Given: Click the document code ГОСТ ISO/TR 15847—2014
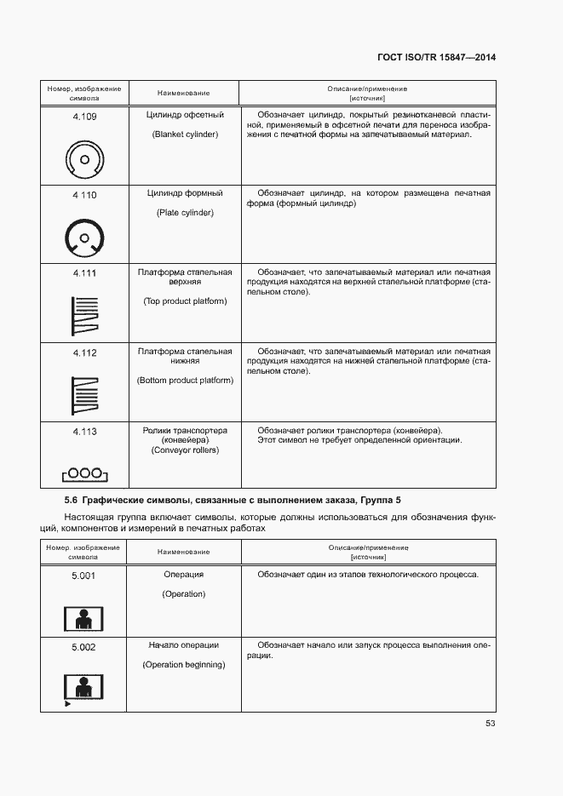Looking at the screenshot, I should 436,57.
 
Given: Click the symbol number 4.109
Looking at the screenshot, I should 84,117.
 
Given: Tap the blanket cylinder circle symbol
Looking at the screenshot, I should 83,159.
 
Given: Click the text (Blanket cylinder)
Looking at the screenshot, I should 185,135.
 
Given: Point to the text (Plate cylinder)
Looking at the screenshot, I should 185,212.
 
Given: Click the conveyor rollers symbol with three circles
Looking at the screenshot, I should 83,473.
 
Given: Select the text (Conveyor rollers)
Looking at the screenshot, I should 185,450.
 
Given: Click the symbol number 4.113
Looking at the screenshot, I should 84,432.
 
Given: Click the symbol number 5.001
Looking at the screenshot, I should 83,576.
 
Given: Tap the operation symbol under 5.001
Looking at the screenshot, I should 83,618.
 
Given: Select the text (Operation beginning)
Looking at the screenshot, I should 184,664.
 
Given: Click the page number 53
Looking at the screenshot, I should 490,724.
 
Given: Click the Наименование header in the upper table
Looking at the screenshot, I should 184,93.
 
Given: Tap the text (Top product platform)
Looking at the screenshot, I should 185,301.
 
